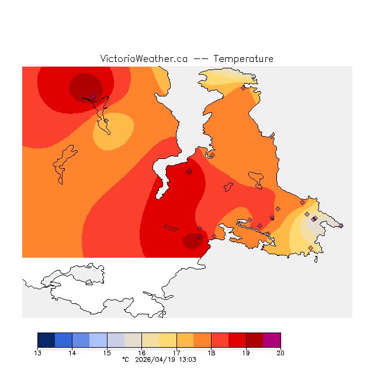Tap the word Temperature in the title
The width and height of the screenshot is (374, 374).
(243, 59)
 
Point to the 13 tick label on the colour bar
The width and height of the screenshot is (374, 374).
(38, 353)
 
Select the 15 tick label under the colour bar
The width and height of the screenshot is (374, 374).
(107, 353)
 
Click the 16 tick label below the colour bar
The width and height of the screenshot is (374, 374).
(142, 353)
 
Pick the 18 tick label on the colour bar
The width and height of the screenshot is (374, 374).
(212, 353)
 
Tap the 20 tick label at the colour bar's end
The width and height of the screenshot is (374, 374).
(280, 353)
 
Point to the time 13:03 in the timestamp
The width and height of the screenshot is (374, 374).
(187, 361)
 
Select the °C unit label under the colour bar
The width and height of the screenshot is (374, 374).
(125, 361)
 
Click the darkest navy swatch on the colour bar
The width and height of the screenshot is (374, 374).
(46, 340)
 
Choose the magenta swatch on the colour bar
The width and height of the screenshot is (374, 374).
(272, 340)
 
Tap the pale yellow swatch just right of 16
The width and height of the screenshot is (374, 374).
(150, 340)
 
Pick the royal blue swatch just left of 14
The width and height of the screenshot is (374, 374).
(64, 340)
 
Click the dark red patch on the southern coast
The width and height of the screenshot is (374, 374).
(192, 241)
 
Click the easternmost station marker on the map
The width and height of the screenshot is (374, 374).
(341, 226)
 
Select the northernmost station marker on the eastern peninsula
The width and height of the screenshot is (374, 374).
(243, 88)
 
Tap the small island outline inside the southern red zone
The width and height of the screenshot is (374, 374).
(171, 228)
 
